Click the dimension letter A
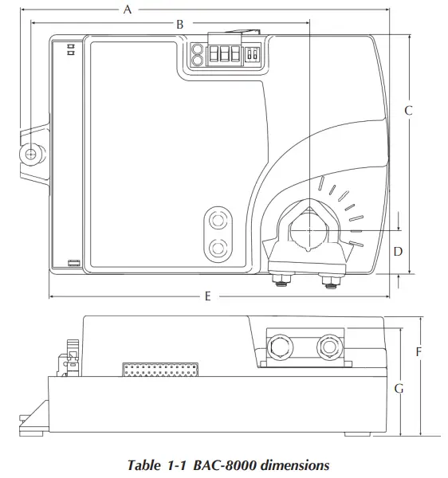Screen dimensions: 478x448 coord(127,10)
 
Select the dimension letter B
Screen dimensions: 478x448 coord(180,25)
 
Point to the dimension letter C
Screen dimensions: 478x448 coord(407,111)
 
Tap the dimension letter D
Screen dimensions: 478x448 coord(398,251)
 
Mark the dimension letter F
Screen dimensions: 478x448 coord(419,351)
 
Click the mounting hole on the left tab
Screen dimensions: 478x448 coord(31,154)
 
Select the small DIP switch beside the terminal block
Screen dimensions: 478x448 coord(252,55)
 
